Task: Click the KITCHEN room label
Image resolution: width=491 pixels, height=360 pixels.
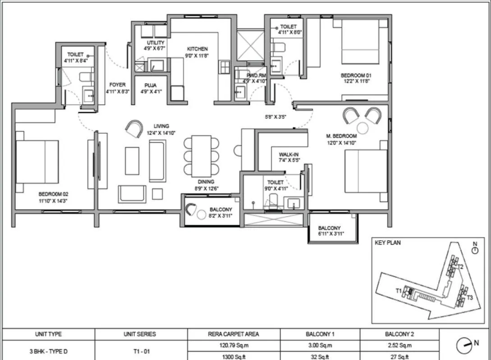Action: [197, 49]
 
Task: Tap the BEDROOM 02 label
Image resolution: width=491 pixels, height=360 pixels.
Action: [53, 195]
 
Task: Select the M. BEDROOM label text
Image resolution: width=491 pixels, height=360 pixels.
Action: [341, 136]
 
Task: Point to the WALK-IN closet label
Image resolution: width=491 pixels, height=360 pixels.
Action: [289, 155]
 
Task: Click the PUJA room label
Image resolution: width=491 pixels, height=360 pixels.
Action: [151, 85]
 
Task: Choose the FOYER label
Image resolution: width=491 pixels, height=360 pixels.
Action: [117, 85]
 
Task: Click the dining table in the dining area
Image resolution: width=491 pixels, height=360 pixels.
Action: [201, 156]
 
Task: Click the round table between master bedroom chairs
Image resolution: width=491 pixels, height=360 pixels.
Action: [363, 128]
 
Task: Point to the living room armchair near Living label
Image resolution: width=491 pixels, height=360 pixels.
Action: [134, 129]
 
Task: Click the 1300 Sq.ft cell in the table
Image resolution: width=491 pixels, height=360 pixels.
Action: [234, 355]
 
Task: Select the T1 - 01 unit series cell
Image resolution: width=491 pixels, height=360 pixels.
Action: [139, 351]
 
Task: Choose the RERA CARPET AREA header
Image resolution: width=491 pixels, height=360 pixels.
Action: [234, 334]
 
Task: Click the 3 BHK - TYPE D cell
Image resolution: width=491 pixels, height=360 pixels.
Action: [48, 351]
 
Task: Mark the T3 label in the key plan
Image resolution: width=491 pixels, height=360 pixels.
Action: [469, 297]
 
